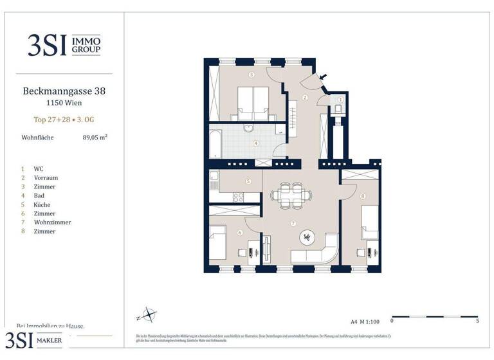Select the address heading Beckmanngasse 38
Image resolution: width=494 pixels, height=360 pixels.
click(64, 91)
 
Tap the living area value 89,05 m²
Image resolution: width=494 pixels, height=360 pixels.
click(95, 137)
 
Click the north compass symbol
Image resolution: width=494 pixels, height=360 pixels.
click(149, 315)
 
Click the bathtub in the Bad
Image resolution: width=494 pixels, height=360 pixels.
click(215, 143)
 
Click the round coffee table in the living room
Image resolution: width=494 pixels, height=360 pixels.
click(306, 237)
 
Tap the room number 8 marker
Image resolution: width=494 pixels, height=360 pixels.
click(363, 196)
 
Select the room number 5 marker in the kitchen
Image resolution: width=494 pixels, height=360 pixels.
click(248, 182)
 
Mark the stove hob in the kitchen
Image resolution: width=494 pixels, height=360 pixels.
click(238, 197)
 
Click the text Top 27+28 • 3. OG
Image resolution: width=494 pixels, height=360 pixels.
click(64, 119)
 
